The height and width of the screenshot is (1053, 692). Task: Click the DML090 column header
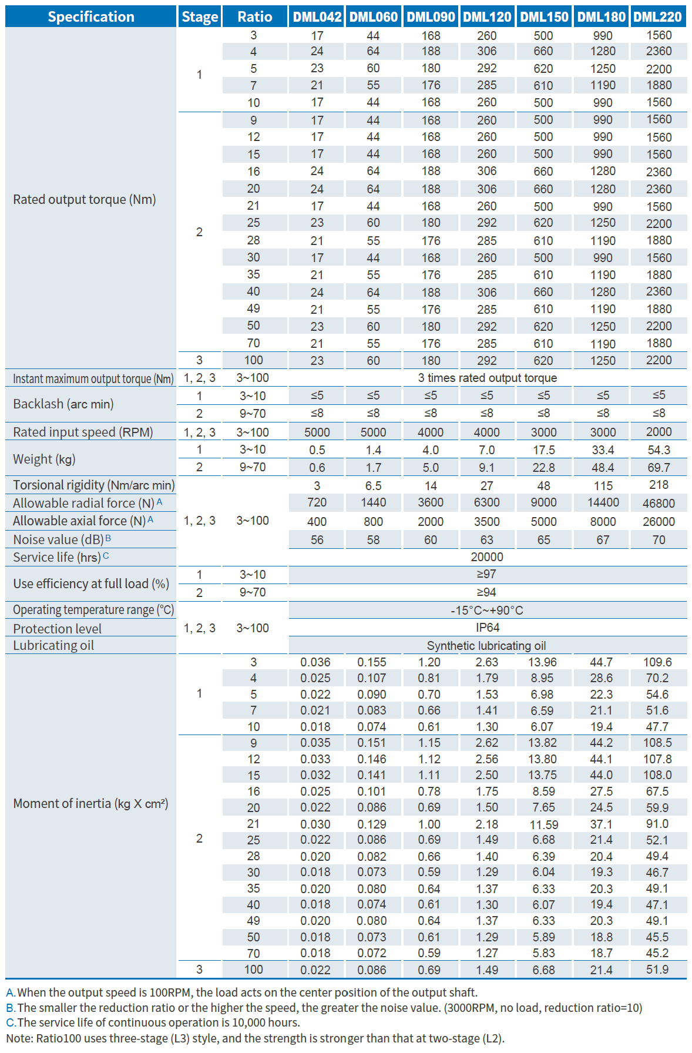point(431,16)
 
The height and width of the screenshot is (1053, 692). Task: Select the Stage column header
point(200,16)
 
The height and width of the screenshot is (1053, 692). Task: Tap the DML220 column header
point(658,16)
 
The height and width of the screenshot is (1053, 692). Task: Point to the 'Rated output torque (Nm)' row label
point(85,199)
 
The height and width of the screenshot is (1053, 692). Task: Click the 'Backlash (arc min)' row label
point(63,404)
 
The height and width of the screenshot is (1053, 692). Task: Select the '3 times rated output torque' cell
point(487,378)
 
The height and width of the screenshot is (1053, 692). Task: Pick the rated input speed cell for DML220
point(659,432)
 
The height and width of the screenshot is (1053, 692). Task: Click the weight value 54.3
point(659,450)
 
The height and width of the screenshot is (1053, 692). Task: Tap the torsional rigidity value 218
point(659,485)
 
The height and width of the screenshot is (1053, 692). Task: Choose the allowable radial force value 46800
point(659,503)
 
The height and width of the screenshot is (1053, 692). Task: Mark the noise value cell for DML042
point(317,539)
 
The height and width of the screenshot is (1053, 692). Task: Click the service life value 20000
point(487,557)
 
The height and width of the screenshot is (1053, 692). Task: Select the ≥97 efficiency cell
point(487,574)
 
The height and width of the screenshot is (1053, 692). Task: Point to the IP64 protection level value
point(487,628)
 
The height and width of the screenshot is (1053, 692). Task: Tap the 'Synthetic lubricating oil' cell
point(487,646)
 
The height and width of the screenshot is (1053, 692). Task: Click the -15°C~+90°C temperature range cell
point(487,610)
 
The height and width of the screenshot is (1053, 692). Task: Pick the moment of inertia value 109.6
point(657,662)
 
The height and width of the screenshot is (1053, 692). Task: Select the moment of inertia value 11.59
point(544,824)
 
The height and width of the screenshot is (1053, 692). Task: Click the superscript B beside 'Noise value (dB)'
point(108,538)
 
